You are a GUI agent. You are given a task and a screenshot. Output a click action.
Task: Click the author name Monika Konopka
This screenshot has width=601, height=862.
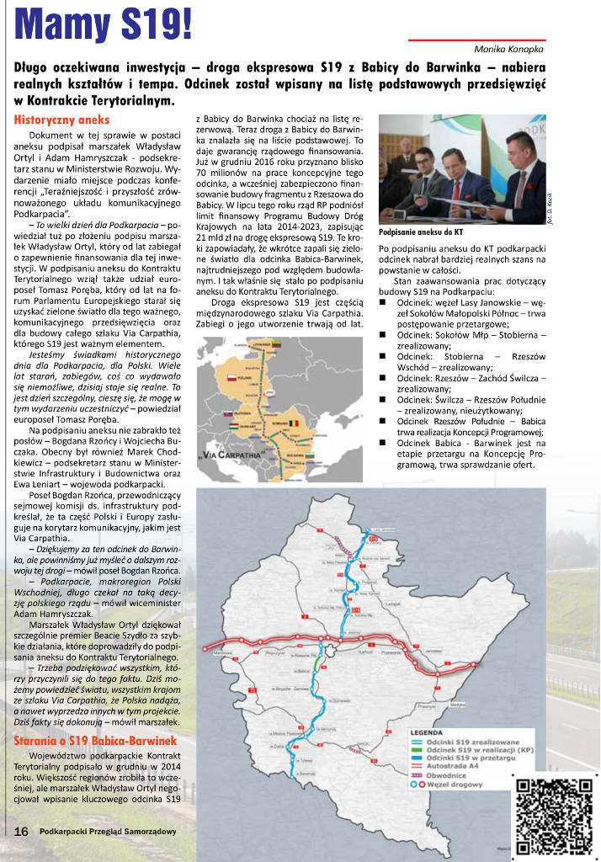[509, 50]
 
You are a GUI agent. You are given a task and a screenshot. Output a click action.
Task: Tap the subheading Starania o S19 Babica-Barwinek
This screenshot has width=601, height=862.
[96, 741]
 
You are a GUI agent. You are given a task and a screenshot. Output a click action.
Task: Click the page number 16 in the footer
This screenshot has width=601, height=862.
[21, 831]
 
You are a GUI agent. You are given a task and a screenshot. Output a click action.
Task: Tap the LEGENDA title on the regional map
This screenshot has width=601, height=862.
[427, 732]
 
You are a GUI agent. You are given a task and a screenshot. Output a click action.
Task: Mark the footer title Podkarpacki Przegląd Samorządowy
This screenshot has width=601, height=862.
[108, 832]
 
